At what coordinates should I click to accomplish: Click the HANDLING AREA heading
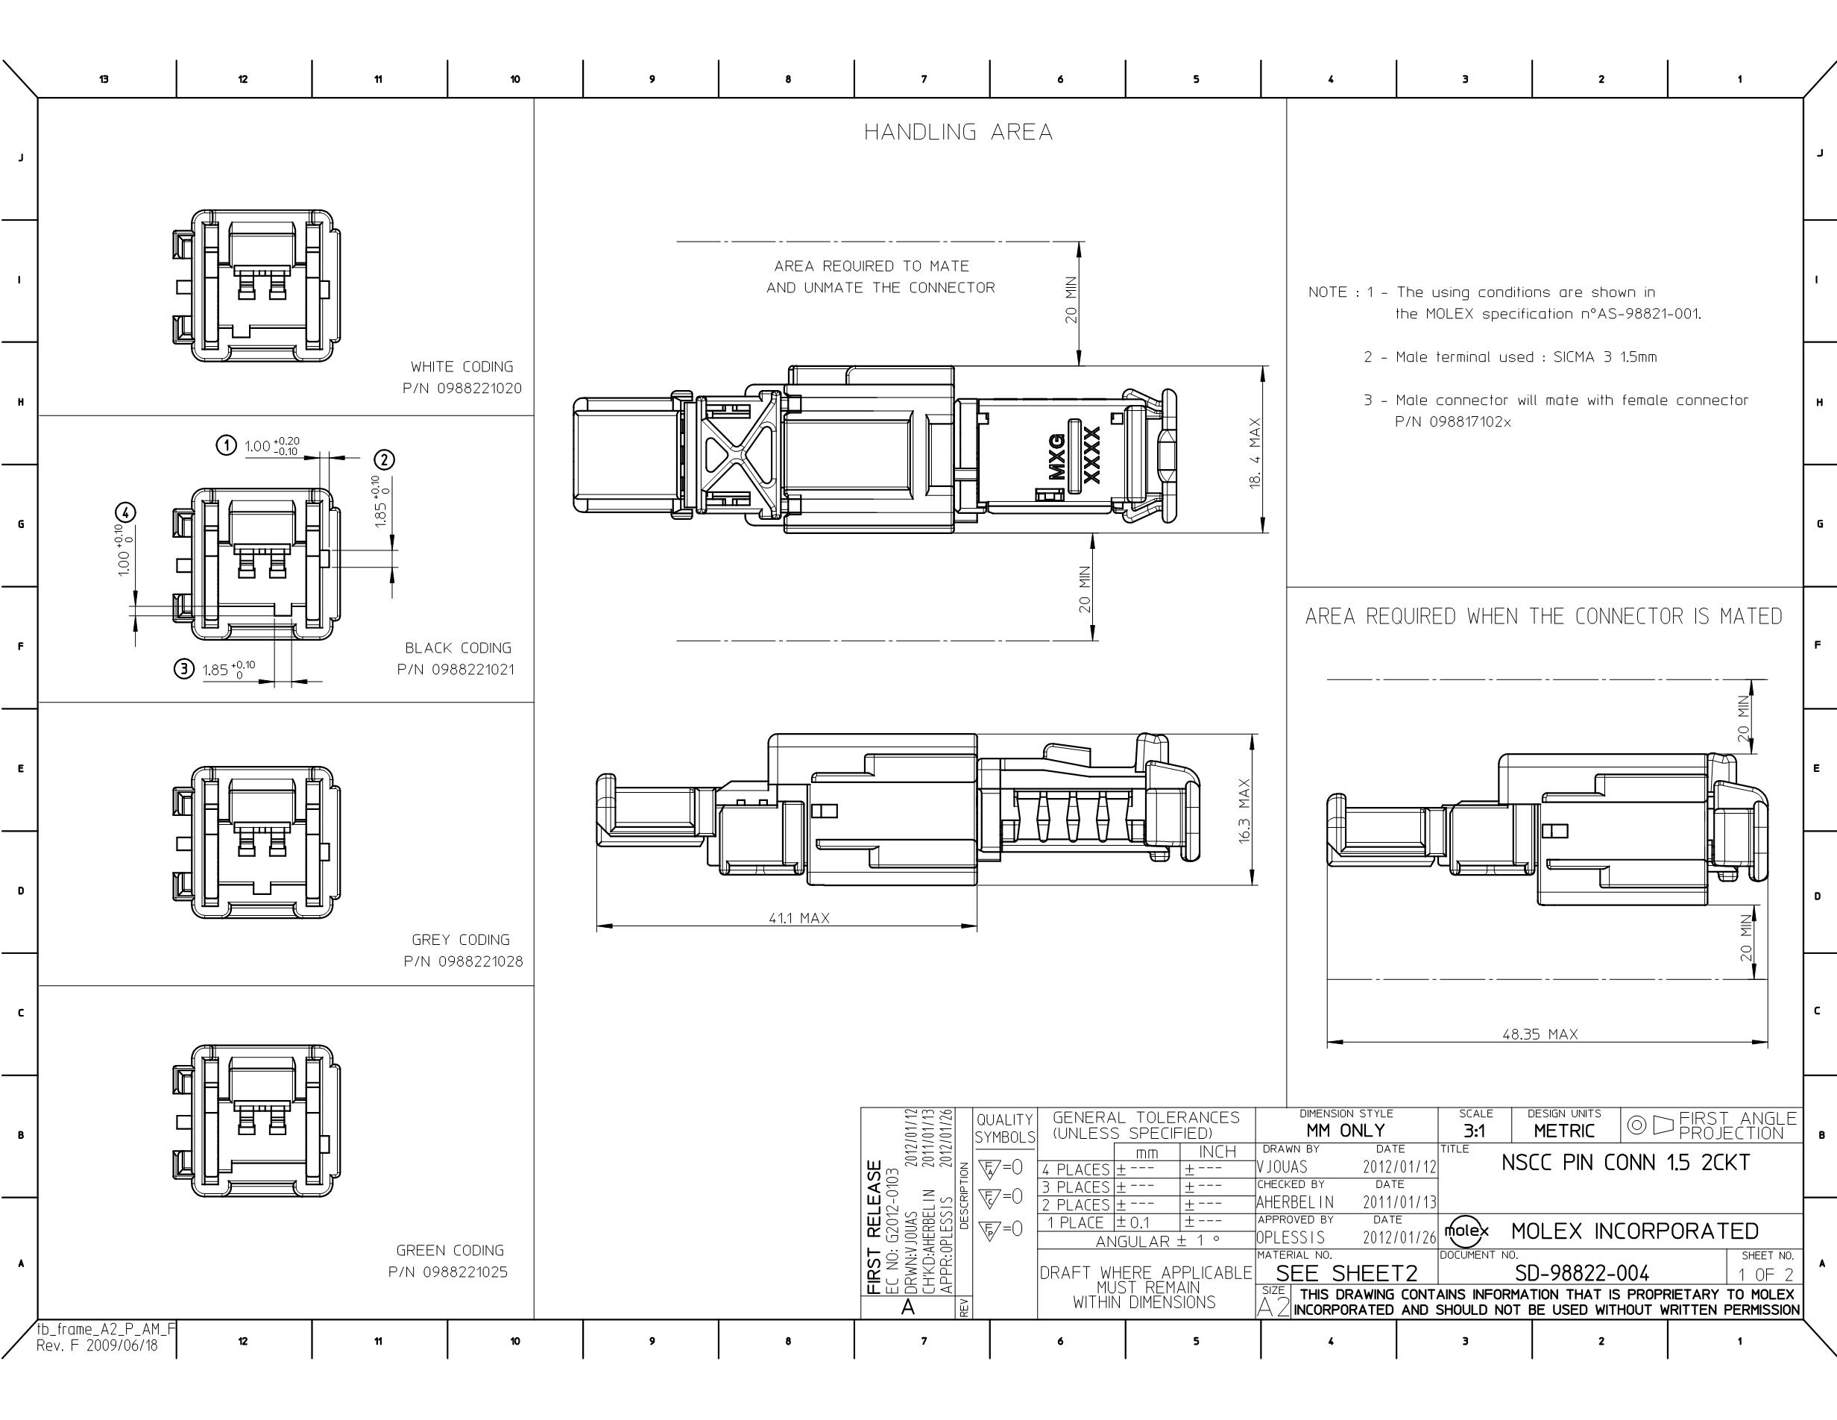click(958, 132)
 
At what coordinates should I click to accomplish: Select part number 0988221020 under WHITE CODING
click(479, 389)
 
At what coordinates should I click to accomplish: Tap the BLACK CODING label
click(459, 648)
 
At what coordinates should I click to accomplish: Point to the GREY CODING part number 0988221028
click(480, 961)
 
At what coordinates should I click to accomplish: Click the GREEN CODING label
click(450, 1251)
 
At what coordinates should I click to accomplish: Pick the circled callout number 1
click(226, 445)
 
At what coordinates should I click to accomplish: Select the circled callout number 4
click(125, 512)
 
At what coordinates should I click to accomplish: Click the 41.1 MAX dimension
click(799, 918)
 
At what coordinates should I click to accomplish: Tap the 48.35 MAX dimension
click(1540, 1034)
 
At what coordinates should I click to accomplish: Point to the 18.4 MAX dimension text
click(1255, 453)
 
